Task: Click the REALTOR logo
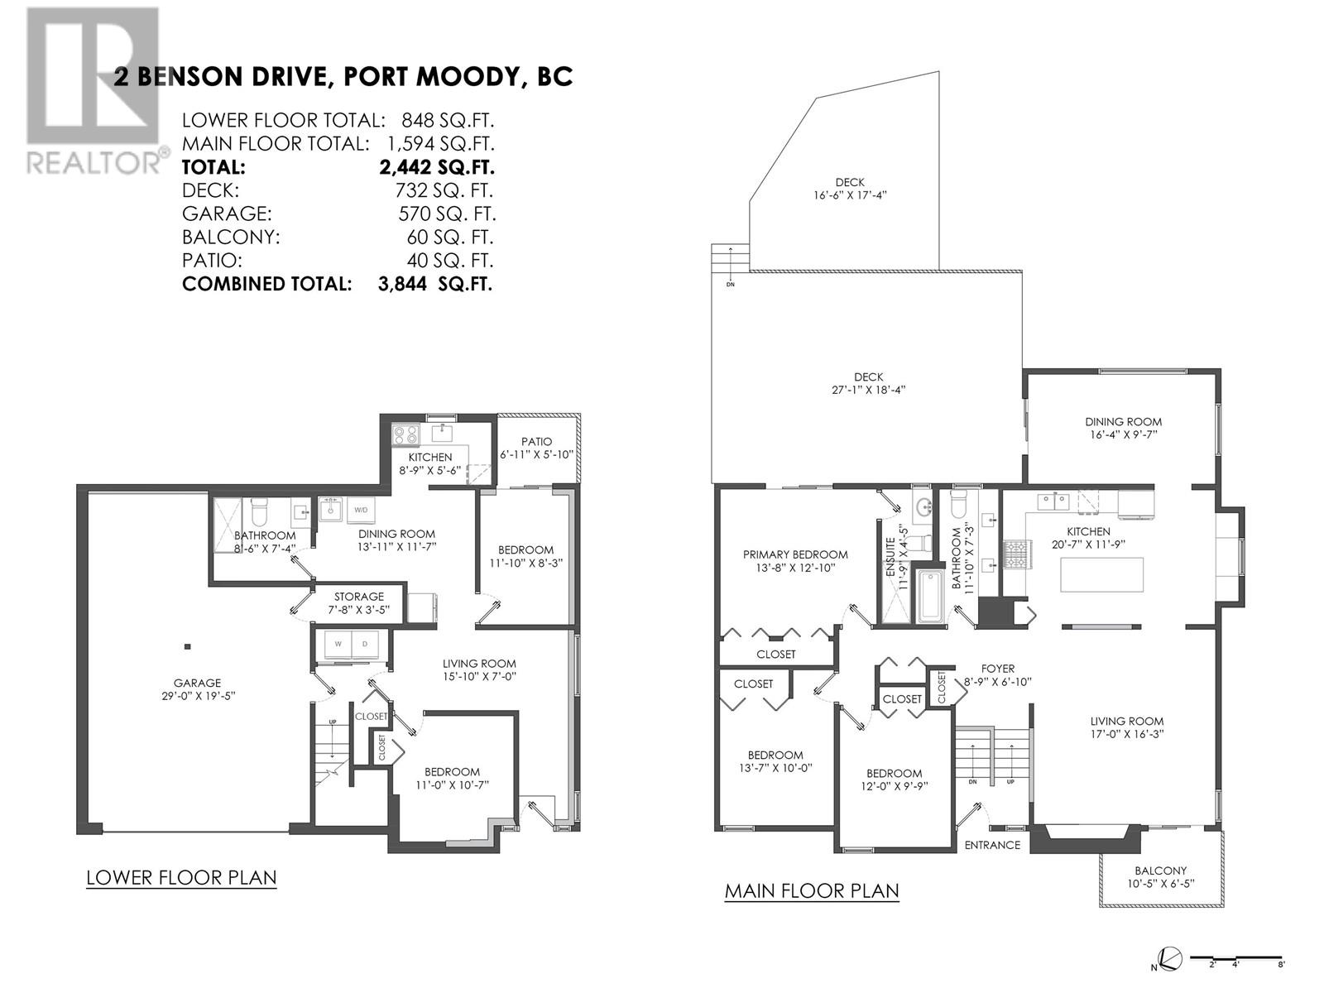click(x=93, y=91)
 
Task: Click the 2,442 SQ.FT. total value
click(x=436, y=167)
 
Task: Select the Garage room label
click(x=197, y=683)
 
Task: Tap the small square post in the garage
click(x=188, y=646)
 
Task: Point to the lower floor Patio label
click(x=536, y=442)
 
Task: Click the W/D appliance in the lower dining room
click(x=362, y=511)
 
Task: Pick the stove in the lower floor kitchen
click(x=405, y=434)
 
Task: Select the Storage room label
click(x=358, y=596)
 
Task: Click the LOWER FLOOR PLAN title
click(x=181, y=877)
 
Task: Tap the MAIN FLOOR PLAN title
click(x=811, y=891)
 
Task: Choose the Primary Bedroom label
click(x=794, y=554)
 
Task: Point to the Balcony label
click(x=1160, y=871)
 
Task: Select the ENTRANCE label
click(x=992, y=845)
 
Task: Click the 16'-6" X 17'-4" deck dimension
click(x=849, y=196)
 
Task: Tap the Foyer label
click(x=997, y=669)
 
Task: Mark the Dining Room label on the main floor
click(x=1124, y=421)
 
